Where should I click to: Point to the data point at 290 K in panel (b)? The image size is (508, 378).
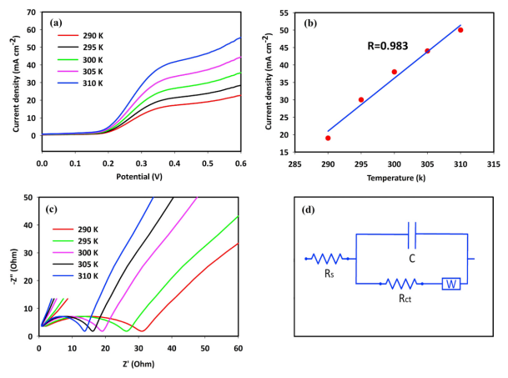point(328,138)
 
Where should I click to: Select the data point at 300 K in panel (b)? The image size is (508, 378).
point(395,72)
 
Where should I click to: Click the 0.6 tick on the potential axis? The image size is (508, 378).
point(240,164)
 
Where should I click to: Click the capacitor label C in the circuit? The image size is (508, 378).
point(412,260)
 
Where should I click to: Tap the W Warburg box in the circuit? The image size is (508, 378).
point(451,284)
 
